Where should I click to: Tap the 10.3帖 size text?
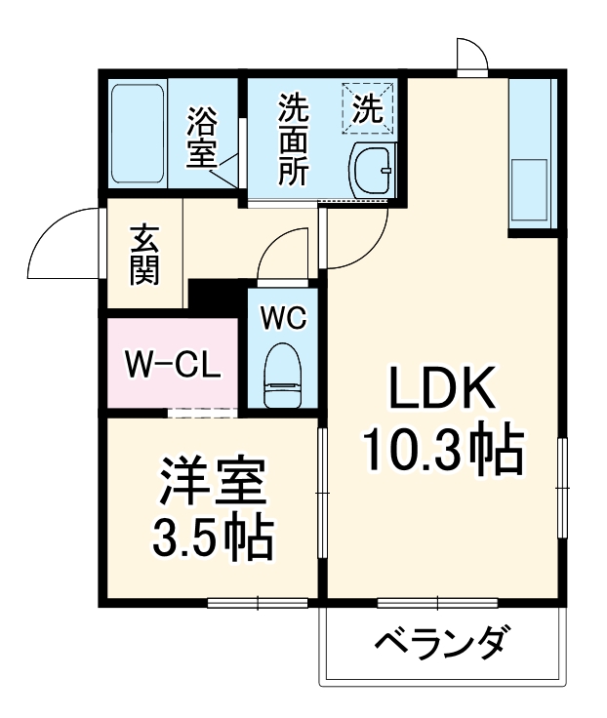point(444,450)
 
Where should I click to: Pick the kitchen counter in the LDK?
point(532,156)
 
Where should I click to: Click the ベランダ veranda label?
point(441,645)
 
